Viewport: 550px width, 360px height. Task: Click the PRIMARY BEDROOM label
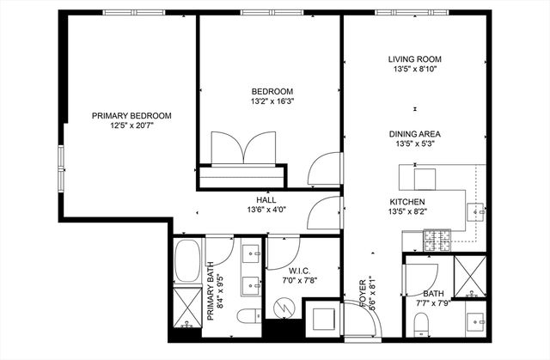(131, 116)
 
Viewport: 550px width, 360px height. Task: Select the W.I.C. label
(299, 270)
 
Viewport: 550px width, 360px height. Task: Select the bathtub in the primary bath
(186, 265)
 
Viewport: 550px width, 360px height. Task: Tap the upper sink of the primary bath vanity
(253, 253)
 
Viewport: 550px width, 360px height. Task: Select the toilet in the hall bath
(420, 323)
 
